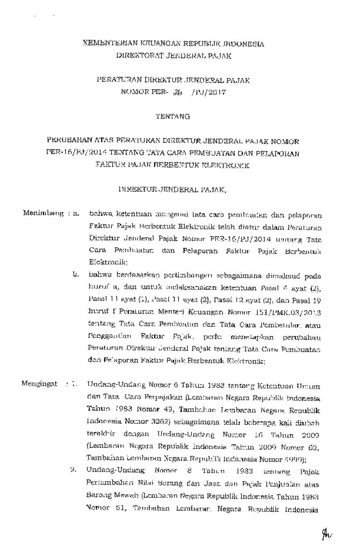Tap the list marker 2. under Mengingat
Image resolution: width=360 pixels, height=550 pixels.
click(x=76, y=472)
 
